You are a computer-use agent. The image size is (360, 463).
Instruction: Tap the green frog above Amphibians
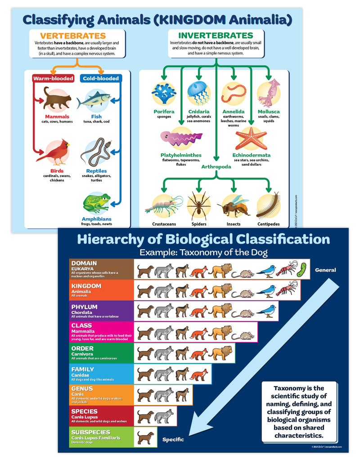[97, 203]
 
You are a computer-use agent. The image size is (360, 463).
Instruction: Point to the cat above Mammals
[57, 99]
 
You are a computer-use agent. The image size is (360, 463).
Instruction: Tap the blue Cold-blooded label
[101, 78]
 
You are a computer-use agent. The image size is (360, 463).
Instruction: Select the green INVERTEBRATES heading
[216, 36]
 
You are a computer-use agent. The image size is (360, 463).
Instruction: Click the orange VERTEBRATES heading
[73, 36]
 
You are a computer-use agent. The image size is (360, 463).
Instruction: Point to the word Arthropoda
[216, 166]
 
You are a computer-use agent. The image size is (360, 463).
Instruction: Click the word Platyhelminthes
[181, 155]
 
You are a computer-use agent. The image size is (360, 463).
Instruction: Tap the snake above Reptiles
[96, 152]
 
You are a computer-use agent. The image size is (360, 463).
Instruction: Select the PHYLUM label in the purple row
[85, 307]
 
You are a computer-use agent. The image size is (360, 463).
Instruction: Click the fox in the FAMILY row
[198, 374]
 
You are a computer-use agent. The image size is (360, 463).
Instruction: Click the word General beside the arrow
[325, 270]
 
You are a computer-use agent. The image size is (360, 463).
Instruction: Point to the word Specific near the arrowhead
[173, 439]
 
